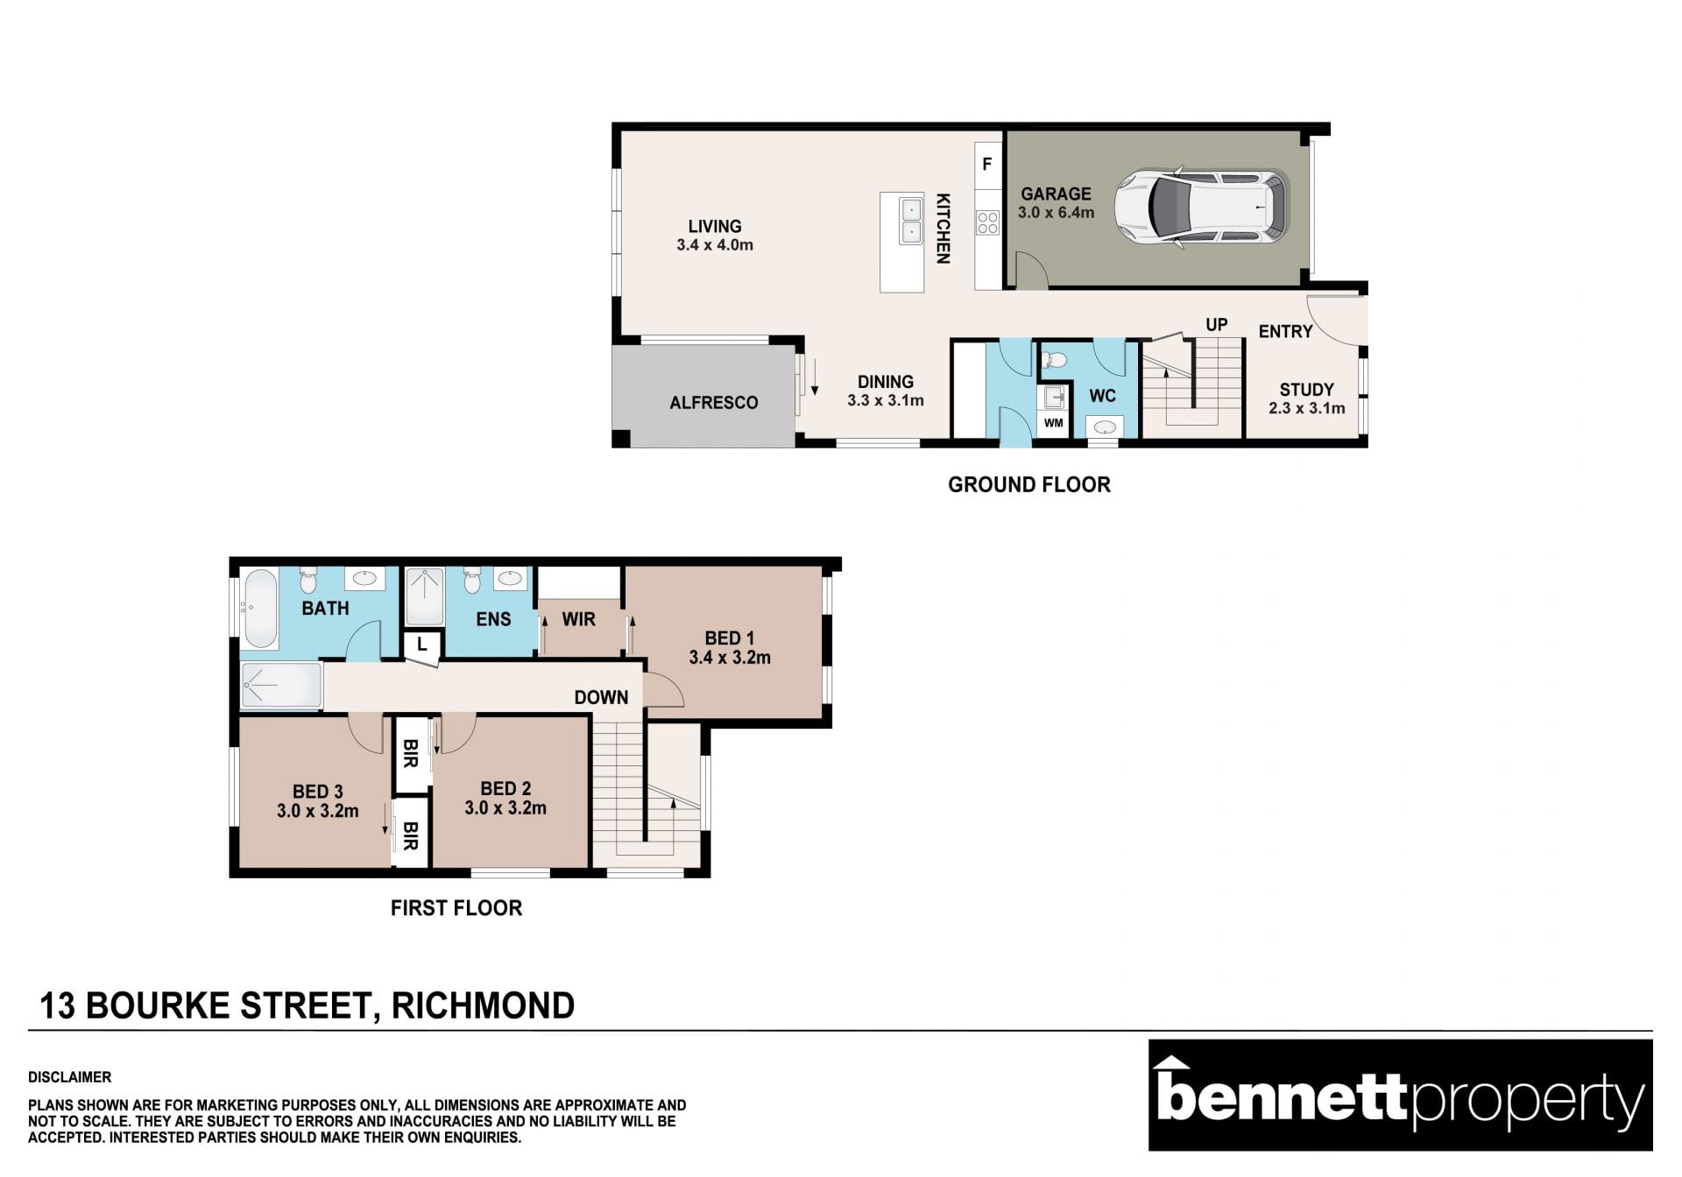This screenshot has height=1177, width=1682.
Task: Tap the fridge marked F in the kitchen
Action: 987,164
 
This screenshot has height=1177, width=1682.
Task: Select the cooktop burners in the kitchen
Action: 987,222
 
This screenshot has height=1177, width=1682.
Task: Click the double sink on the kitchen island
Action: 911,221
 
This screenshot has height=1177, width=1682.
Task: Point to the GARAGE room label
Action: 1056,194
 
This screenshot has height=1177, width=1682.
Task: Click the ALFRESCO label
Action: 714,403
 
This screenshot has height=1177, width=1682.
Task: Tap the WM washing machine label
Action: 1053,423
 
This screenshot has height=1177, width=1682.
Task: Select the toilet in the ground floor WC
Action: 1054,359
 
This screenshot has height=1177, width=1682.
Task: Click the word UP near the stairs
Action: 1216,325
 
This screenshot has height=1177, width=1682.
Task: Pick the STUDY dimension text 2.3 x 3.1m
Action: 1306,408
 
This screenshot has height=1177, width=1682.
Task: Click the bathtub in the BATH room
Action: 260,609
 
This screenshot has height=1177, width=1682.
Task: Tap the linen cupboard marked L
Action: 421,645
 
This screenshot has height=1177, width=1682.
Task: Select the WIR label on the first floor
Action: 578,619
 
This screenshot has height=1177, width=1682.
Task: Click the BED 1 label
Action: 729,638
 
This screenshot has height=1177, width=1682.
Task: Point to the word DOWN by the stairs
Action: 601,697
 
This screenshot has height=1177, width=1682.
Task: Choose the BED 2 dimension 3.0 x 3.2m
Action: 505,808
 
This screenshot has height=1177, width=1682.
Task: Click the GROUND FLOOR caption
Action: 1029,484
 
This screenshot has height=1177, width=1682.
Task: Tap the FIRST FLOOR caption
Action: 456,908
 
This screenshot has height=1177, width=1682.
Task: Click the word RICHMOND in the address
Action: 483,1006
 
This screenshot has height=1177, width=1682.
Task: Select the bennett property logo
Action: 1400,1095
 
